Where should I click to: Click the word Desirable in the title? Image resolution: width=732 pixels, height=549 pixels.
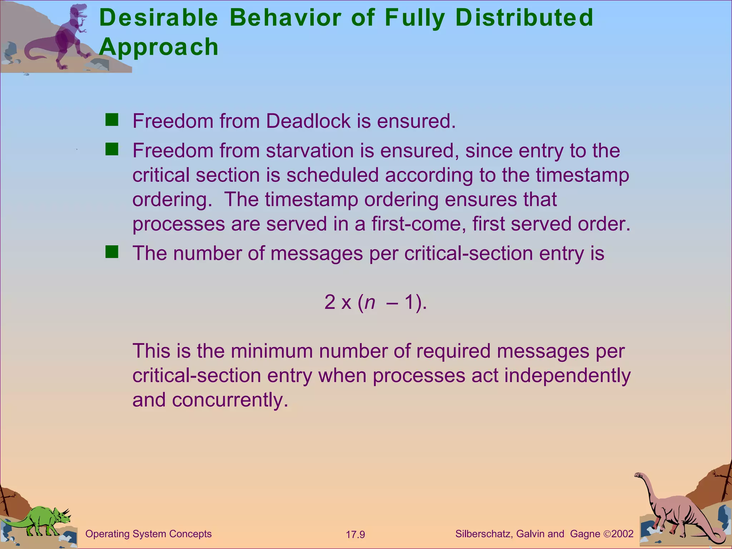point(158,18)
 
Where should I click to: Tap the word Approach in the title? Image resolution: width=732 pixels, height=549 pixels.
point(158,48)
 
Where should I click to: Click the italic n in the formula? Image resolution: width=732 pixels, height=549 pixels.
point(370,302)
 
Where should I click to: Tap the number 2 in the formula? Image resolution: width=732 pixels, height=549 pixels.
point(330,302)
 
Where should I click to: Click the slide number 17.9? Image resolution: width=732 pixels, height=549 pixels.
point(355,535)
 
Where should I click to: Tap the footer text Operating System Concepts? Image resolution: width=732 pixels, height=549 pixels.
point(148,534)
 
